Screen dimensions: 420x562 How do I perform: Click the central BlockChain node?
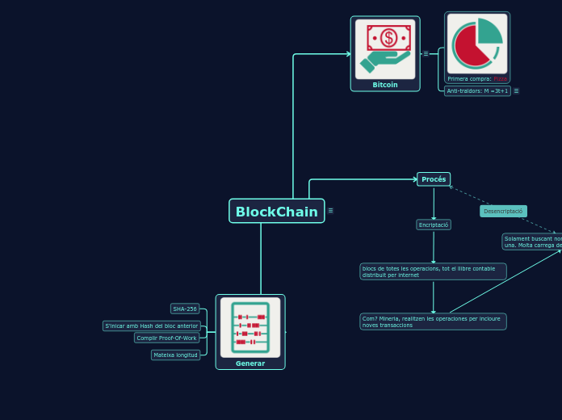click(276, 212)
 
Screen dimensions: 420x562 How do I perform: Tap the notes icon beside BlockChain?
click(330, 211)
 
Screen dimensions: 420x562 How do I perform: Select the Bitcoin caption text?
click(385, 85)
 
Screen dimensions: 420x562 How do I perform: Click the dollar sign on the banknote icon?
click(388, 37)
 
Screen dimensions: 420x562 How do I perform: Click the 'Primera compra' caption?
click(476, 79)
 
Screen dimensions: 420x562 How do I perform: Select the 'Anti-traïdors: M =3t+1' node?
click(477, 91)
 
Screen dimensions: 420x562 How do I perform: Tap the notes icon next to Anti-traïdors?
click(516, 91)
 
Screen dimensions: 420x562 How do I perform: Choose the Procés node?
click(434, 179)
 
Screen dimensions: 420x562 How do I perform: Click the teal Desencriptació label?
click(503, 211)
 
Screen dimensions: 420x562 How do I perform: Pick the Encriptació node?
click(434, 225)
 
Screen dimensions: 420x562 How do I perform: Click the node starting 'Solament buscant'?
click(532, 241)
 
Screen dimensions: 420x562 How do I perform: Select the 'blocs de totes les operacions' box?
click(433, 271)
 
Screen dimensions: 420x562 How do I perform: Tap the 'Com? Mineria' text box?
click(433, 321)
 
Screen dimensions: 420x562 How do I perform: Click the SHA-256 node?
click(185, 309)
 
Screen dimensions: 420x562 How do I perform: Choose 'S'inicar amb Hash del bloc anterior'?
click(152, 325)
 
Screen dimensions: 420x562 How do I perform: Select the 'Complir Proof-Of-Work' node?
click(166, 338)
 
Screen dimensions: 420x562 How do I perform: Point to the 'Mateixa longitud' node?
click(175, 355)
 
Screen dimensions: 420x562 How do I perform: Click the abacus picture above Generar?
click(250, 327)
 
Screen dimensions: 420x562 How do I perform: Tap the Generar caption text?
click(250, 363)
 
